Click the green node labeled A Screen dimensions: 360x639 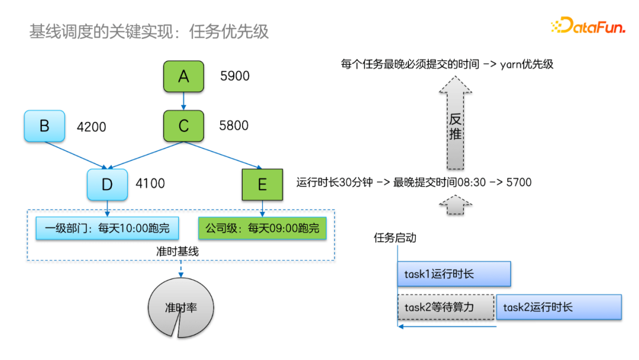pyautogui.click(x=183, y=76)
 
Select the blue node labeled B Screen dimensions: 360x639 pyautogui.click(x=44, y=126)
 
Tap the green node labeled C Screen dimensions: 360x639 pyautogui.click(x=183, y=126)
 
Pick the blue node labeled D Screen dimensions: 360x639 pyautogui.click(x=107, y=184)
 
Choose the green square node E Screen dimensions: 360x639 pyautogui.click(x=262, y=184)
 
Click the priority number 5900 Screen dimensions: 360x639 pyautogui.click(x=235, y=76)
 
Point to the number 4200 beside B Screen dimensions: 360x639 pyautogui.click(x=92, y=127)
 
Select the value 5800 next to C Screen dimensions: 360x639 pyautogui.click(x=234, y=126)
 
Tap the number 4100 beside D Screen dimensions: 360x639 pyautogui.click(x=150, y=184)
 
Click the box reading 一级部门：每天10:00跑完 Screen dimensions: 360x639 pyautogui.click(x=106, y=228)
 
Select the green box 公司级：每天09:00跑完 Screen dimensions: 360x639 pyautogui.click(x=262, y=228)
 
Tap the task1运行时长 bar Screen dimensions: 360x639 pyautogui.click(x=453, y=274)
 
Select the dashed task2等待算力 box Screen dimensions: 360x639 pyautogui.click(x=446, y=307)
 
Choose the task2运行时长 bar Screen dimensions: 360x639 pyautogui.click(x=559, y=307)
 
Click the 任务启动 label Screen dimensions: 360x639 pyautogui.click(x=395, y=238)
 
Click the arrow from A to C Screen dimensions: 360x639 pyautogui.click(x=183, y=101)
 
